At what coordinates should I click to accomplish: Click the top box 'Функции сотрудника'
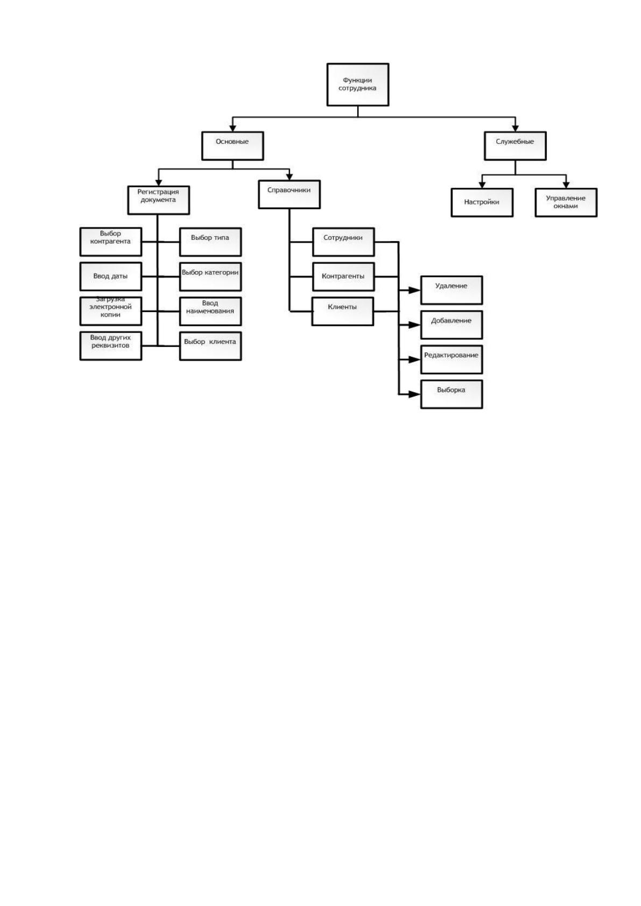[x=358, y=84]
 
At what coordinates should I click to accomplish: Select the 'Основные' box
[x=233, y=146]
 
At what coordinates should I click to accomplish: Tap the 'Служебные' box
[x=515, y=146]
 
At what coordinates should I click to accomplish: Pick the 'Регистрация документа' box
[x=159, y=200]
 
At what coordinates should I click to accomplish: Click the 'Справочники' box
[x=290, y=194]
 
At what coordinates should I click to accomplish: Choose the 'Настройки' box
[x=482, y=202]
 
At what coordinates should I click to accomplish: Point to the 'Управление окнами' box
[x=566, y=202]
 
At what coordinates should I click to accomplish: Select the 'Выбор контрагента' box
[x=111, y=242]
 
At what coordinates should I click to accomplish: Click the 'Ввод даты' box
[x=111, y=277]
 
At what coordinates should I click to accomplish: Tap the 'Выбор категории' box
[x=210, y=277]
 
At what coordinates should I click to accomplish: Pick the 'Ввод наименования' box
[x=210, y=312]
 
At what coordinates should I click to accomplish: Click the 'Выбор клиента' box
[x=210, y=346]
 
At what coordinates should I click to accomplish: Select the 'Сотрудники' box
[x=343, y=242]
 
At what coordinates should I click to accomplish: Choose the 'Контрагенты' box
[x=343, y=277]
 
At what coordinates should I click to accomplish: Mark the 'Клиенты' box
[x=343, y=312]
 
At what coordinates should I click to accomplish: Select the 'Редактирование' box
[x=452, y=359]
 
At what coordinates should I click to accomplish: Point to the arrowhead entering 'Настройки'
[x=482, y=185]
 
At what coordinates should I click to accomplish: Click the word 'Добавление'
[x=451, y=321]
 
